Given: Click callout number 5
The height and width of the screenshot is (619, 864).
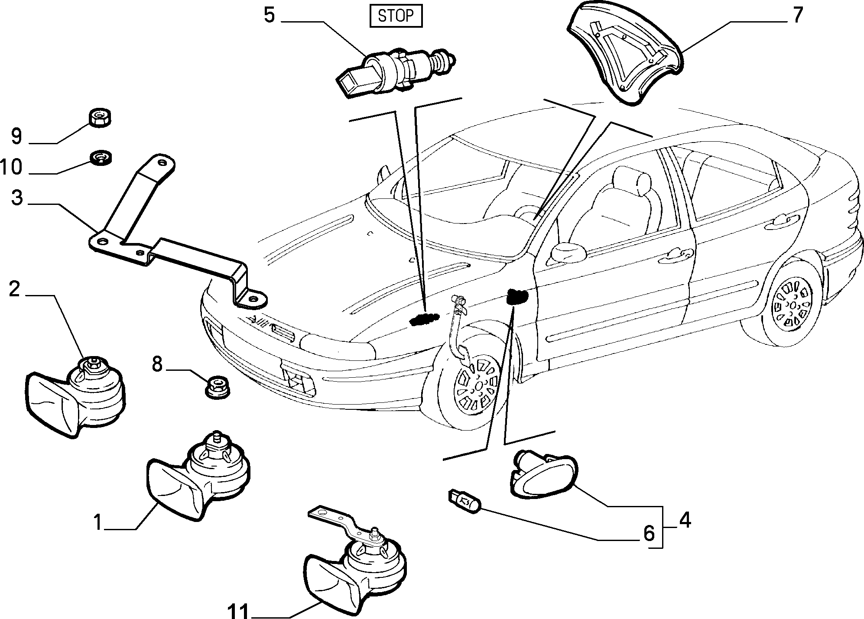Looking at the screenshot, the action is coord(270,16).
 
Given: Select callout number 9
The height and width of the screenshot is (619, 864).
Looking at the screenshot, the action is coord(16,137).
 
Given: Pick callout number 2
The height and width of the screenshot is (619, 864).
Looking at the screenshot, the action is coord(14,288).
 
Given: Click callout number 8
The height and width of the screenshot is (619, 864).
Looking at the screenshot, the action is coord(157,364).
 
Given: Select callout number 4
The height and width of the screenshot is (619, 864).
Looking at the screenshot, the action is coord(684,520).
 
